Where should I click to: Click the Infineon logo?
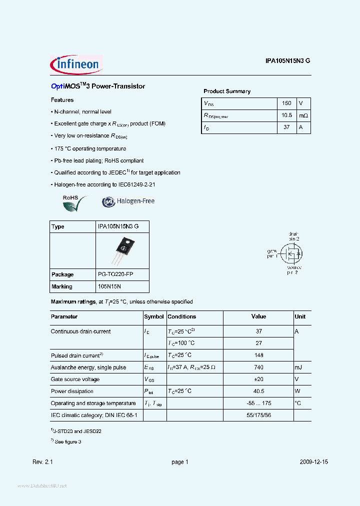pos(76,64)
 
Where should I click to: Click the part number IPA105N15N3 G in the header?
pos(288,60)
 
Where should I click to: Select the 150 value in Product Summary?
pos(286,103)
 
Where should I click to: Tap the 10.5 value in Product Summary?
pos(286,115)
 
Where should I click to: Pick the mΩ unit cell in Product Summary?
pos(303,115)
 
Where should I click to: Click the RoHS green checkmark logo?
pos(74,202)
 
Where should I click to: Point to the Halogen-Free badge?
pos(128,201)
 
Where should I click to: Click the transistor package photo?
pos(122,250)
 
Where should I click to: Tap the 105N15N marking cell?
pos(109,286)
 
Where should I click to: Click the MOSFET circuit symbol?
pos(290,253)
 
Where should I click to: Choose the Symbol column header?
pos(154,316)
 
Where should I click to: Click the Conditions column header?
pos(181,316)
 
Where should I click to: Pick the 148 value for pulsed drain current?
pos(258,355)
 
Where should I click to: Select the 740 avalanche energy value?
pos(258,367)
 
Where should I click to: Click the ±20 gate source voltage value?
pos(258,379)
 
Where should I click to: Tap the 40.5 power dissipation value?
pos(258,391)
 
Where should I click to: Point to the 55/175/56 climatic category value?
pos(258,415)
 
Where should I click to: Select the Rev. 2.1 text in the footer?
pos(42,462)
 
